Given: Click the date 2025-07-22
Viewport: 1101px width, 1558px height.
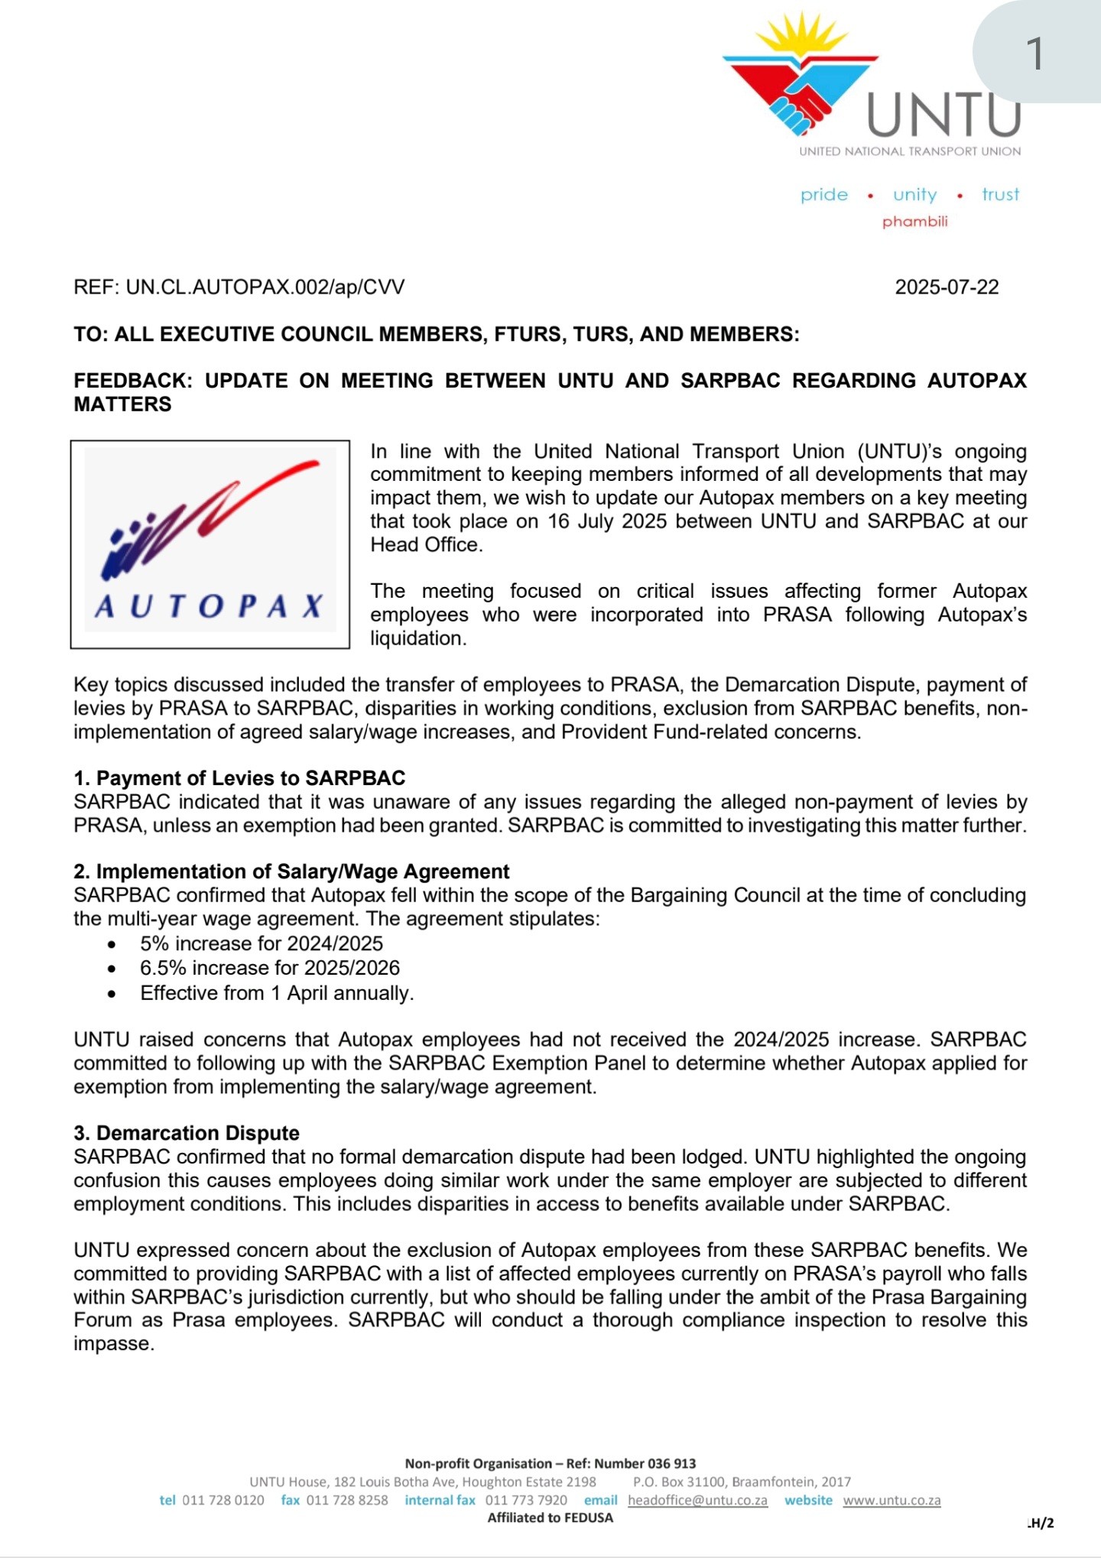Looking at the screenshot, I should coord(947,287).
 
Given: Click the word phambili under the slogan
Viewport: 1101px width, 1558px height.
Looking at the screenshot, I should coord(914,222).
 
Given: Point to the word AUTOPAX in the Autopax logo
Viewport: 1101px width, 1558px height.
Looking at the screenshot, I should coord(209,606).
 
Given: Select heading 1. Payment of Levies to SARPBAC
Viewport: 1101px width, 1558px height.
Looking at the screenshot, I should coord(239,778).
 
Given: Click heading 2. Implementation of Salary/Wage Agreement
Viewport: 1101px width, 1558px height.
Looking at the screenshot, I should coord(291,872).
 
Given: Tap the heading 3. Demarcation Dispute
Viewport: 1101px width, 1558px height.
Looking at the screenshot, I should coord(187,1133).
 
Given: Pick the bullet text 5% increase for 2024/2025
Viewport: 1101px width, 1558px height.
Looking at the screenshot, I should coord(261,943).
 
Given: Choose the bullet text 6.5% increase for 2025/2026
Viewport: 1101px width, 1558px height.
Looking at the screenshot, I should coord(270,968).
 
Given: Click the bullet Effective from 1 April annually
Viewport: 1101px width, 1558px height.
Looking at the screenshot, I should coord(277,993).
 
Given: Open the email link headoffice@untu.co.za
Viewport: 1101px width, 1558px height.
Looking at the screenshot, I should coord(697,1501).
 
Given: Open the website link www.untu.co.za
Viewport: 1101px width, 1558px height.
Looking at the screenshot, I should coord(892,1501).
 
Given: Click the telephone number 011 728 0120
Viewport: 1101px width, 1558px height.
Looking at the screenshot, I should coord(223,1501).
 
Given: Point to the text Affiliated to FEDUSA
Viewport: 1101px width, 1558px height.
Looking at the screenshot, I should coord(550,1518).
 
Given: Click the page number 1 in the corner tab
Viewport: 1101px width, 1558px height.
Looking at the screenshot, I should coord(1034,54).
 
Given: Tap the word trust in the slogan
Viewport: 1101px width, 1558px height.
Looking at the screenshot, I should coord(1000,195).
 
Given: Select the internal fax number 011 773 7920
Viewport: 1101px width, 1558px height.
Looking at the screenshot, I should coord(526,1501).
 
